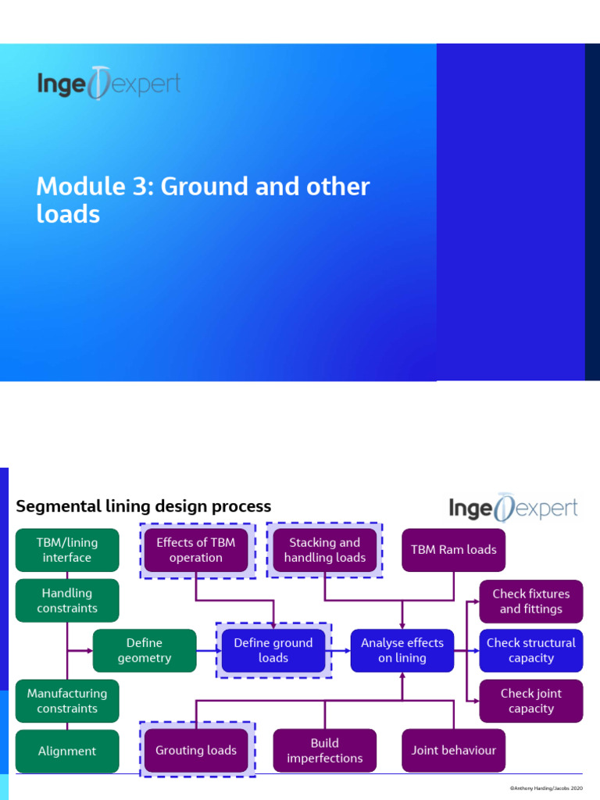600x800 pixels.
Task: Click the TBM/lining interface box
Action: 67,550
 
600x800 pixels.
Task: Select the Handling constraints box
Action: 67,601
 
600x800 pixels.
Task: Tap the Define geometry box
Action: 145,651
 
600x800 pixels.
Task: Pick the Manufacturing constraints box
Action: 67,701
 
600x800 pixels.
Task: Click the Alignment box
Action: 67,751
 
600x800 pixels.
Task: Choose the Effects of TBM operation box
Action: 196,550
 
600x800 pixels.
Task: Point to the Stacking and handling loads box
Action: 325,550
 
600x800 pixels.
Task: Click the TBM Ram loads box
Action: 454,550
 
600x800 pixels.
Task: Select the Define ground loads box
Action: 273,651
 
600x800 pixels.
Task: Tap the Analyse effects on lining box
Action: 402,651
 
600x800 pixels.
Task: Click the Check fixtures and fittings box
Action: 531,602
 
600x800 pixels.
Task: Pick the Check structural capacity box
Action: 531,651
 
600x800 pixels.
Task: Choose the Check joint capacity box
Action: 531,701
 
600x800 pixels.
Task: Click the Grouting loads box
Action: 196,751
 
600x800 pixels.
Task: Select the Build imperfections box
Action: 325,751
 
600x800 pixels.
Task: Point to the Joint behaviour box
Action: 454,751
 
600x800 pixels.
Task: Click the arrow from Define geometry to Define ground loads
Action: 207,651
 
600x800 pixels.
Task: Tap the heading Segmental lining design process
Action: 144,506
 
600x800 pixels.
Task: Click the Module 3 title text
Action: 202,199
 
